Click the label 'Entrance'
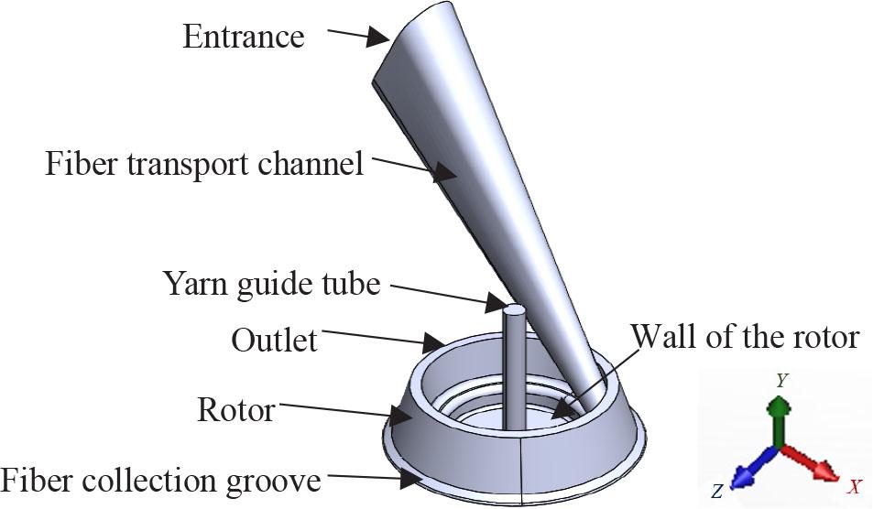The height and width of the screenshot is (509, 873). coord(243,37)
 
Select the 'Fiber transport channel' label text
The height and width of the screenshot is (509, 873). coord(204,165)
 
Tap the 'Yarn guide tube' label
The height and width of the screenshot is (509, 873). coord(271,285)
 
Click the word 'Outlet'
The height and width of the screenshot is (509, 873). coord(274,341)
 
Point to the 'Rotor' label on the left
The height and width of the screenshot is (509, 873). coord(235,409)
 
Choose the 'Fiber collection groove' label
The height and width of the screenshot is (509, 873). coord(160,480)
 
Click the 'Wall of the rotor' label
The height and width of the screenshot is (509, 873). coord(746,337)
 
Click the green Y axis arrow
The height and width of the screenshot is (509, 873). coord(777,417)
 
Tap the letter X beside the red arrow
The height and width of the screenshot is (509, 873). coord(854,486)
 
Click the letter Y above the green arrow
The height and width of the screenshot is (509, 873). coord(780,380)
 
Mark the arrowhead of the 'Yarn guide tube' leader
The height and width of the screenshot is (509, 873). coord(497,301)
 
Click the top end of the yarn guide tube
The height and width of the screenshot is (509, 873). coord(515,311)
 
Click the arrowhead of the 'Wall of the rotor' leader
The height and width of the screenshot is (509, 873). coord(560,414)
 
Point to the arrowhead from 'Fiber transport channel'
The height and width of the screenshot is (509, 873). coord(445,173)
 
